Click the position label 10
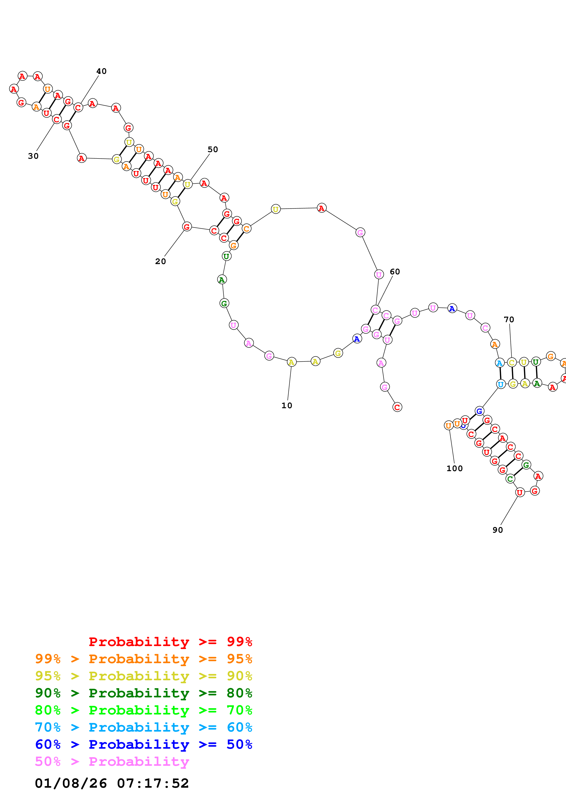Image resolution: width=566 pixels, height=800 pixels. (x=287, y=405)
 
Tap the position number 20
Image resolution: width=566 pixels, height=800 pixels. (x=161, y=261)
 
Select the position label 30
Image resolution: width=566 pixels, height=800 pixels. (x=33, y=156)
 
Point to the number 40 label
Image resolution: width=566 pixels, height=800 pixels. (x=101, y=71)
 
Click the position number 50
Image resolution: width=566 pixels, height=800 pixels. (x=213, y=149)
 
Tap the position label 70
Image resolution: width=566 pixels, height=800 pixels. (x=509, y=319)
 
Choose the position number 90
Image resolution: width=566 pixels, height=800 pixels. (x=498, y=530)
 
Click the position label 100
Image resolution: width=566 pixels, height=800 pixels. (x=454, y=468)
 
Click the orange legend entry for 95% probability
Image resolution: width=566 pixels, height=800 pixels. (x=144, y=659)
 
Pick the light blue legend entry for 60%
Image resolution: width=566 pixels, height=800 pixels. (x=144, y=727)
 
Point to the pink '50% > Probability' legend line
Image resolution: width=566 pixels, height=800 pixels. (x=112, y=761)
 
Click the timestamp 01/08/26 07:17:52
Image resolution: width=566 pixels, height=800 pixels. (x=112, y=783)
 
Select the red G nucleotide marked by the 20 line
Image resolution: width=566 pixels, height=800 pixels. (x=187, y=227)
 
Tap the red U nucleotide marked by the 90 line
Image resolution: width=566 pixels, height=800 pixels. (x=520, y=492)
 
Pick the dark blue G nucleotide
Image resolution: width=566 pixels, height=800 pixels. (x=479, y=411)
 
